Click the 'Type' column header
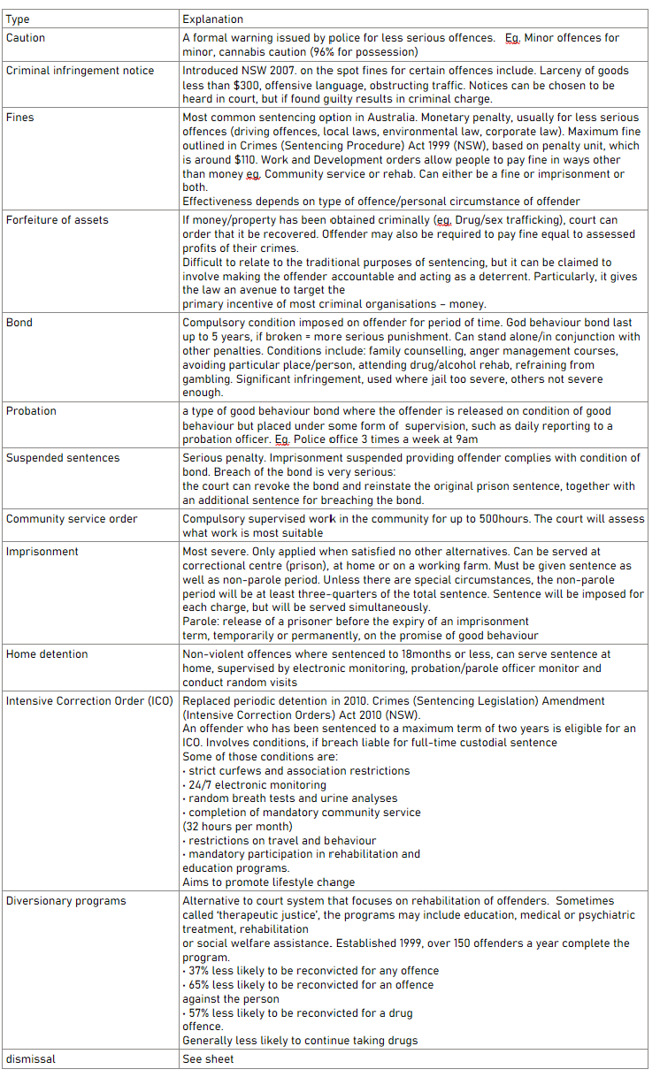click(x=19, y=19)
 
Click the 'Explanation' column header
click(x=213, y=19)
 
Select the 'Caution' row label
click(x=26, y=38)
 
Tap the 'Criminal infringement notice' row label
click(x=80, y=71)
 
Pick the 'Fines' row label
click(x=21, y=117)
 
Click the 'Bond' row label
click(x=19, y=323)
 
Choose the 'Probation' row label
click(x=31, y=411)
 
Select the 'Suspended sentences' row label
click(x=63, y=458)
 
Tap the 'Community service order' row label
click(x=72, y=519)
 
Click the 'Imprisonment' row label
click(x=42, y=552)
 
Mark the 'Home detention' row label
click(x=47, y=654)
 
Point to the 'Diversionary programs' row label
click(x=66, y=901)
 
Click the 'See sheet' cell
click(x=208, y=1058)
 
